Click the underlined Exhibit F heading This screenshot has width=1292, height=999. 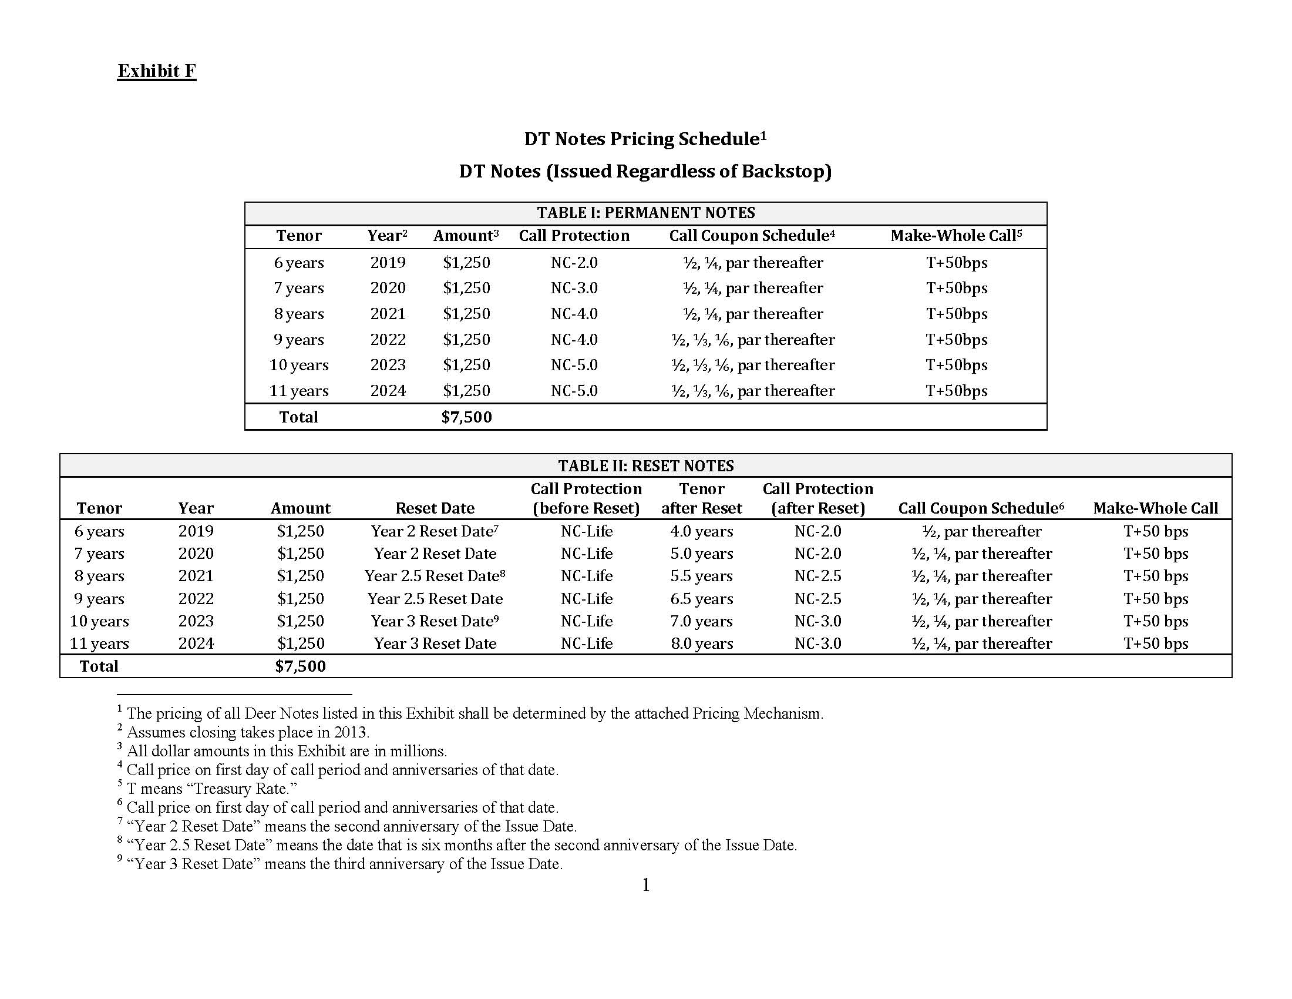(x=157, y=71)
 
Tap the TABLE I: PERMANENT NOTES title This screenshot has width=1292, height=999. (x=645, y=213)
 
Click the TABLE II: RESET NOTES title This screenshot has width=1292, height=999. (x=645, y=466)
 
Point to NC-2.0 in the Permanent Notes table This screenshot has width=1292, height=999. (x=574, y=263)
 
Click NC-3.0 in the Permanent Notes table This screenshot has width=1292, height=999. (x=574, y=288)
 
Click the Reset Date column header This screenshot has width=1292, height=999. (x=435, y=508)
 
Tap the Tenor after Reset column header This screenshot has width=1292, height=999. (x=702, y=498)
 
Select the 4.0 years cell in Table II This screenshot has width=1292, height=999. (x=702, y=531)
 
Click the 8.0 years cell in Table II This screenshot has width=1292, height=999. (x=702, y=643)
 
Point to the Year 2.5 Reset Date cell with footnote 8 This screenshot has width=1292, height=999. (x=435, y=576)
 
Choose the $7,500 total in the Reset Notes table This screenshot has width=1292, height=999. (x=301, y=666)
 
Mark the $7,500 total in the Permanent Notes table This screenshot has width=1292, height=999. (x=467, y=417)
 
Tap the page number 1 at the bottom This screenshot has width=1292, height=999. (x=646, y=885)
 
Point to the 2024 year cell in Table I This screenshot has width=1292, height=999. (x=388, y=391)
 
